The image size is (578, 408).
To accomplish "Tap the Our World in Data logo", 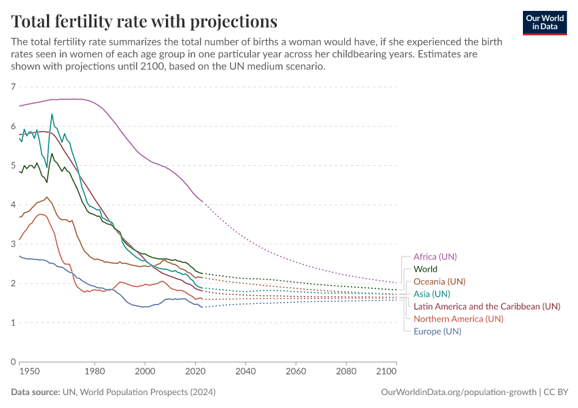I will pos(544,22).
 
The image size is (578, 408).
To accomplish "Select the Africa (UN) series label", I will pos(435,256).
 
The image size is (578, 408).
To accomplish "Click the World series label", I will pos(425,269).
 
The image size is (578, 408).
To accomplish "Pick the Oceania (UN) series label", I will pos(439,282).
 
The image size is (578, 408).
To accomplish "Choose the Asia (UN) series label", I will pos(431,294).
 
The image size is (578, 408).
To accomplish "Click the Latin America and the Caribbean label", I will pos(486,306).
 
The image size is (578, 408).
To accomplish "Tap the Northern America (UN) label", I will pos(458,318).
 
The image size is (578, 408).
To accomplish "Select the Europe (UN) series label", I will pos(437,331).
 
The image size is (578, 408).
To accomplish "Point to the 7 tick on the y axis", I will pos(13,87).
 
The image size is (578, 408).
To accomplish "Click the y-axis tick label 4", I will pos(13,205).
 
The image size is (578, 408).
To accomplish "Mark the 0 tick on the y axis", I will pos(13,362).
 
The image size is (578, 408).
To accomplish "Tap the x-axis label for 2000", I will pos(145,373).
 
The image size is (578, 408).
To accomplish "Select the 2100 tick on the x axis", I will pos(386,373).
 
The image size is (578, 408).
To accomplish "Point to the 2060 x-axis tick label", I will pos(295,373).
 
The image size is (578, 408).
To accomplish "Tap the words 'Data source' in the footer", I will pos(34,392).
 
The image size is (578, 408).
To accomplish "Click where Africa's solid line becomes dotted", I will pos(203,201).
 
